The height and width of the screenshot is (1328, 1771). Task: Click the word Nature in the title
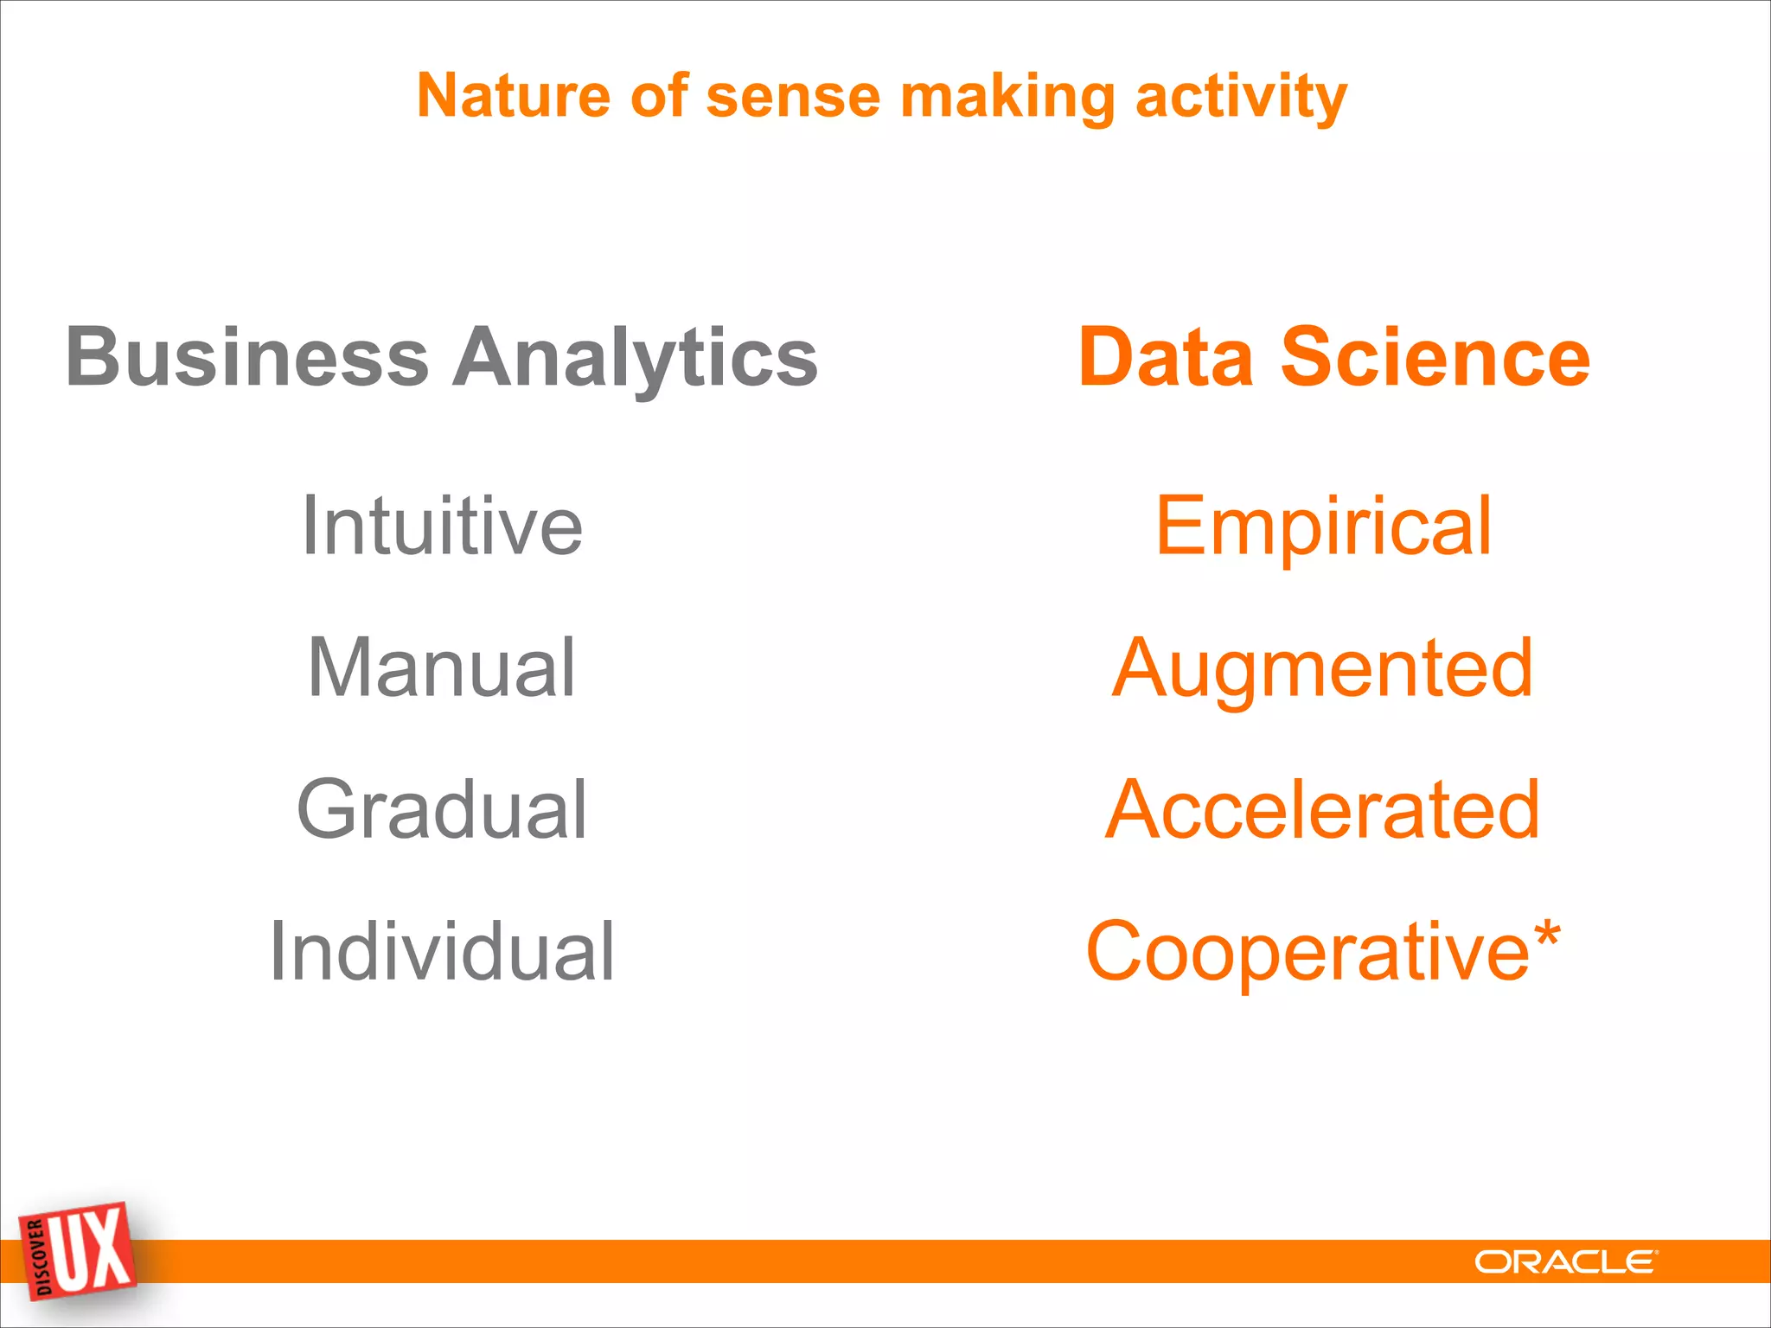513,95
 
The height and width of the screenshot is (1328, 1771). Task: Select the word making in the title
1007,97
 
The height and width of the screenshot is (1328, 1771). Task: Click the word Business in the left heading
247,357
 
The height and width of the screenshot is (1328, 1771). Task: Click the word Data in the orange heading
1166,357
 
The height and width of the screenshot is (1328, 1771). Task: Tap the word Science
1435,357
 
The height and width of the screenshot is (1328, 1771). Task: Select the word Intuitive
442,525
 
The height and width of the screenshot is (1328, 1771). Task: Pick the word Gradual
442,809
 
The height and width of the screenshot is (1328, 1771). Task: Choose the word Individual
442,951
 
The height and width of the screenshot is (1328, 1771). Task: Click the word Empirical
1323,526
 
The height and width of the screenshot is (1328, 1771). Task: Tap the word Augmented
1323,669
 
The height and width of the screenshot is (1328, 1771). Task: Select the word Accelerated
1323,809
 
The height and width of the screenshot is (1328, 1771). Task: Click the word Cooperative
1307,953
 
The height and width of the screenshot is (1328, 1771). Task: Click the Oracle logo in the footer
1565,1262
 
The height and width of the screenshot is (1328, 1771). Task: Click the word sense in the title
793,97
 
